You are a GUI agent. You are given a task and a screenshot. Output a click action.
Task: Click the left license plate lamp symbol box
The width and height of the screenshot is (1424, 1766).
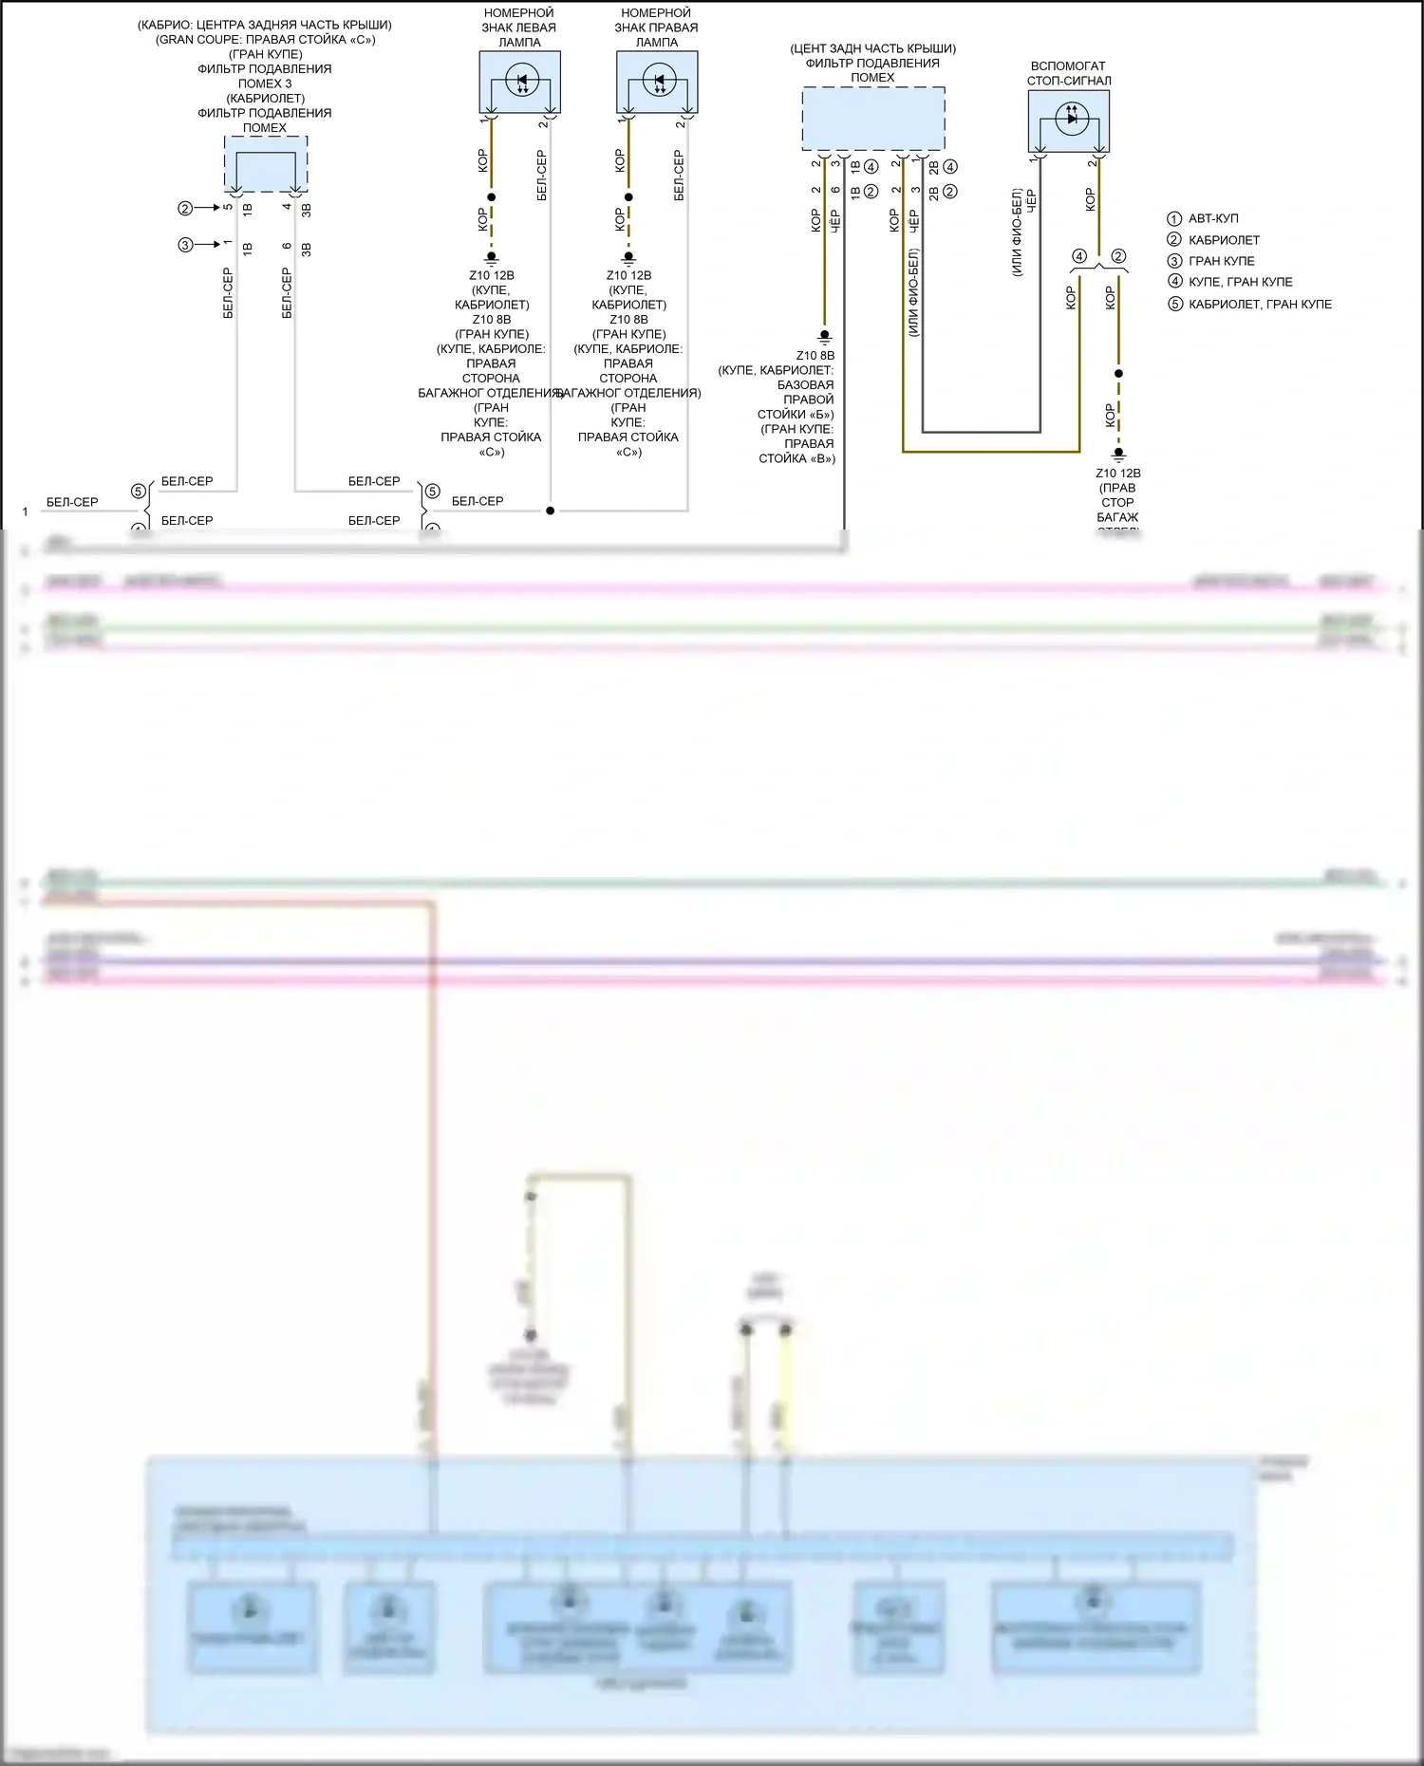point(519,83)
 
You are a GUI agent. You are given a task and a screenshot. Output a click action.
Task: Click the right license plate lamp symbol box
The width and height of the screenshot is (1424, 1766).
point(657,83)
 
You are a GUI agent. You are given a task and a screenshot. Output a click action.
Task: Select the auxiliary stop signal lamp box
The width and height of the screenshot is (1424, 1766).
point(1069,121)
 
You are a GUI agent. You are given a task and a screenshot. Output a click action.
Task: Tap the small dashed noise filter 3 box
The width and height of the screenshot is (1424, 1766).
point(266,164)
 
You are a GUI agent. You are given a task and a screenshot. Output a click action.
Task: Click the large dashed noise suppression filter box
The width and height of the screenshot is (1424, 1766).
point(873,119)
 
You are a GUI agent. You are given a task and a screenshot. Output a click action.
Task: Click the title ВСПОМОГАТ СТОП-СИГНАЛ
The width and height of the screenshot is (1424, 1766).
point(1069,73)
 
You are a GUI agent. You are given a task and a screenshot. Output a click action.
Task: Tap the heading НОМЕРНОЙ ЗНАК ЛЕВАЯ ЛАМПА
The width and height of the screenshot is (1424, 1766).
point(519,28)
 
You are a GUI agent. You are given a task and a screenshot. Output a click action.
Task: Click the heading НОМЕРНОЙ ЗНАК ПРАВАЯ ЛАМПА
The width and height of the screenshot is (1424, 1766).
point(656,28)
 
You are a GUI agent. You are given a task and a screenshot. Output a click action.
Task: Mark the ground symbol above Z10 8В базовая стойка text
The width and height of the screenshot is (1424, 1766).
point(824,336)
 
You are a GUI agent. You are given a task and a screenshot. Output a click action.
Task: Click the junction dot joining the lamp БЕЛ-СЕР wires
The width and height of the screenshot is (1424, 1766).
point(551,511)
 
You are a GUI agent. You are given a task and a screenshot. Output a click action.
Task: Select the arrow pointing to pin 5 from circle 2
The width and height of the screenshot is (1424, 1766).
point(207,208)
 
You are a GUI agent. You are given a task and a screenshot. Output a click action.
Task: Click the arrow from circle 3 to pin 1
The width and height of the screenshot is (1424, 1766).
point(207,245)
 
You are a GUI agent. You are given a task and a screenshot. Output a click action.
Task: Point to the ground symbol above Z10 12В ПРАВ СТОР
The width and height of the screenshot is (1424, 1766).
point(1118,455)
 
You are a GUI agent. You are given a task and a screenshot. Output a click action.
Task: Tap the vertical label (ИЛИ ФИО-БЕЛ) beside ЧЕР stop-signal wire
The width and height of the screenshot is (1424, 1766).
point(1017,232)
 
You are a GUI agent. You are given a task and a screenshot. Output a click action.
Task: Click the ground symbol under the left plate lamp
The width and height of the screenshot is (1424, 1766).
point(491,256)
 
